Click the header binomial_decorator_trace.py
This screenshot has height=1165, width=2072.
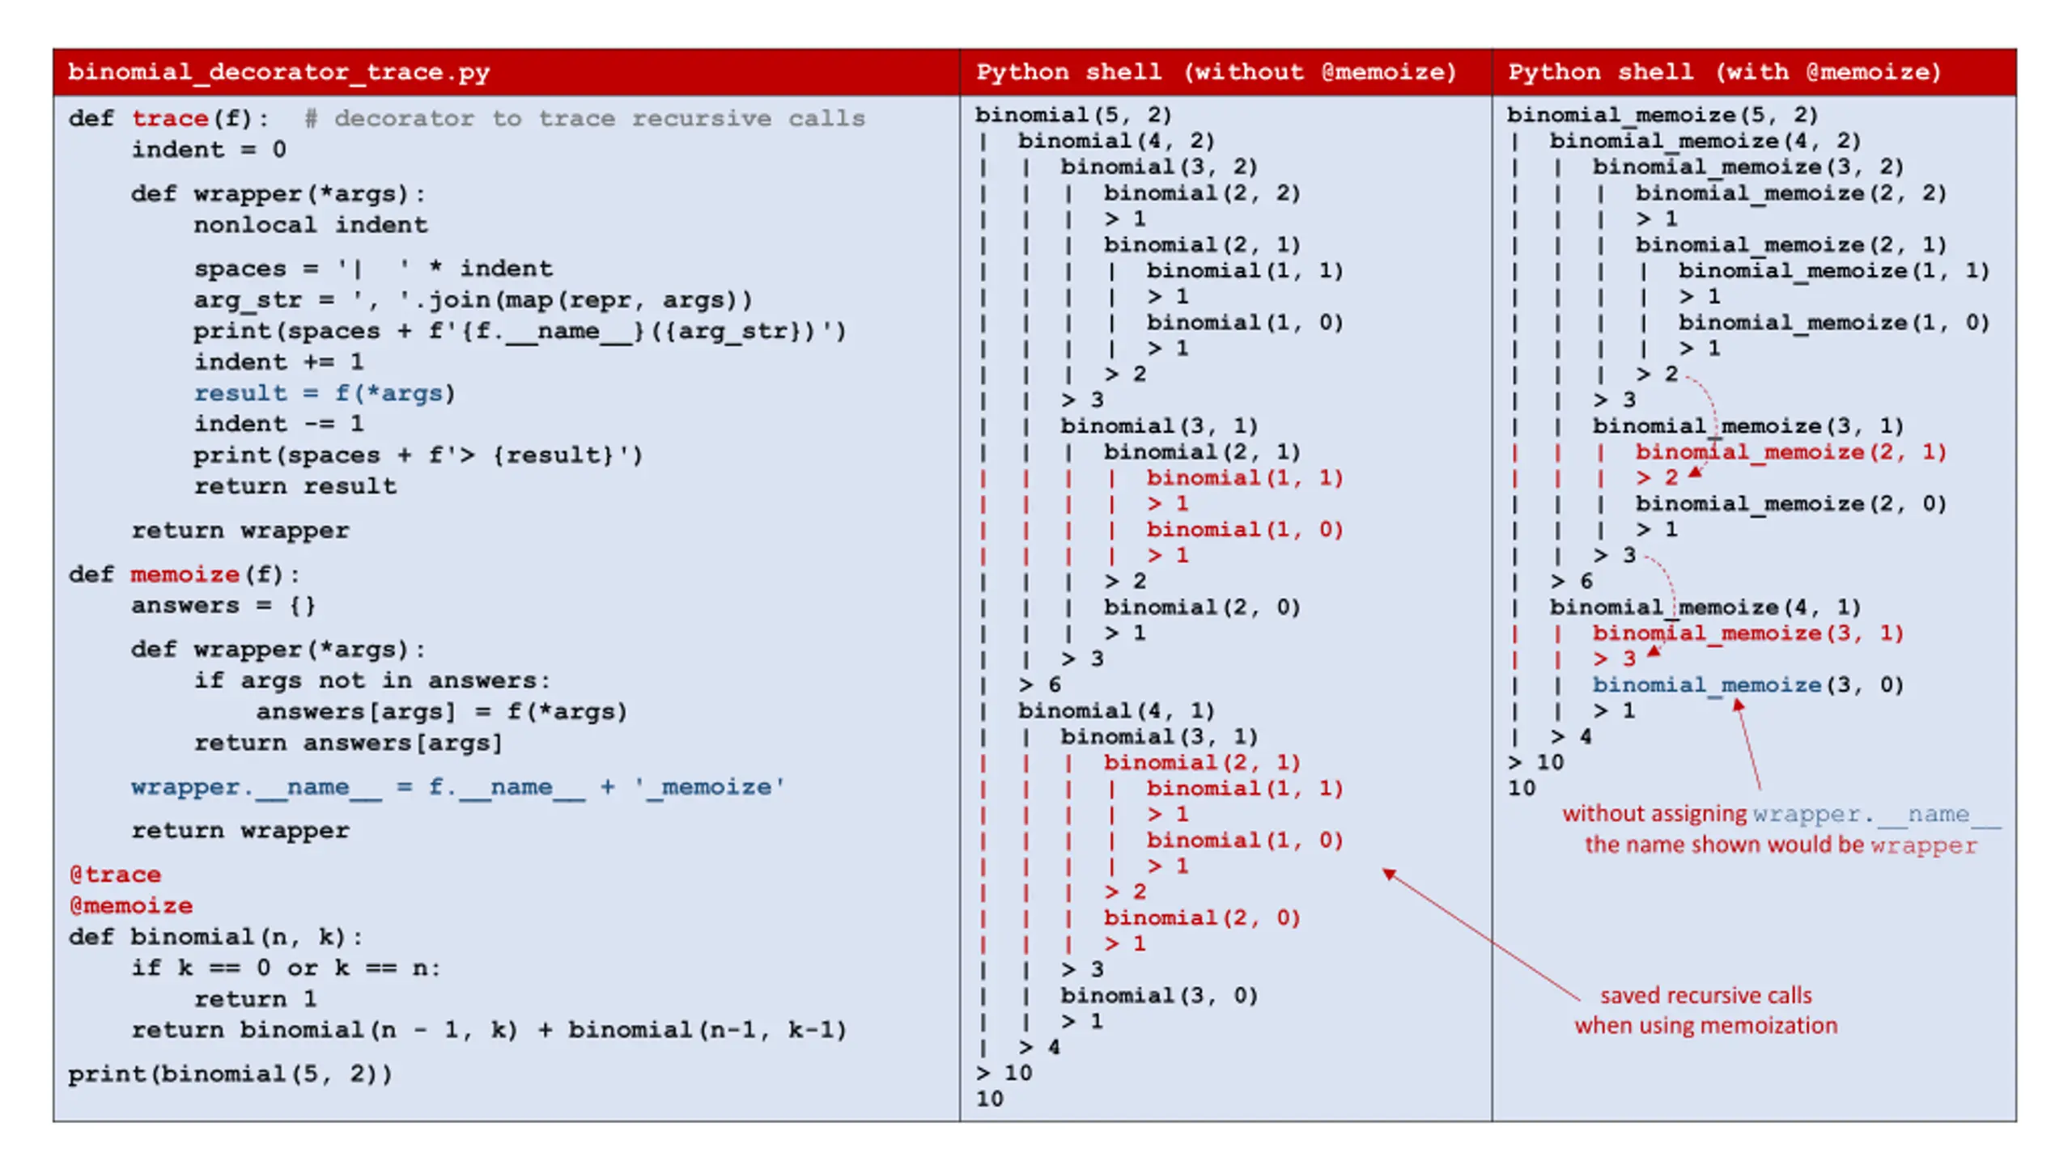click(x=278, y=73)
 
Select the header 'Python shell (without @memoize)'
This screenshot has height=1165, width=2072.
click(x=1216, y=73)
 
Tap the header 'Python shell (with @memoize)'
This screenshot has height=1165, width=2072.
click(x=1724, y=73)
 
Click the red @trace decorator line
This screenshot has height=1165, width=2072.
click(x=115, y=875)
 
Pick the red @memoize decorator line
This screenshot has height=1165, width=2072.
click(x=131, y=905)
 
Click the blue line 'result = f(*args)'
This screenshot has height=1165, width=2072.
click(x=325, y=393)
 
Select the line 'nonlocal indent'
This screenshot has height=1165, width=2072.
click(x=311, y=225)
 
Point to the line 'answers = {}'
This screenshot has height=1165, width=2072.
click(x=223, y=605)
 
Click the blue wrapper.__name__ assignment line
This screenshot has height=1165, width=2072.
click(x=458, y=787)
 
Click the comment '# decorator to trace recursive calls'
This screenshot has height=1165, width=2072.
click(x=584, y=118)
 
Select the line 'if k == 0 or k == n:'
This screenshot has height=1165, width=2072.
click(x=287, y=968)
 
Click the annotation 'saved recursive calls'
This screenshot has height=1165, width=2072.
click(x=1706, y=995)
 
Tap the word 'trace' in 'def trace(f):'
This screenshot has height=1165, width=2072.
click(x=170, y=118)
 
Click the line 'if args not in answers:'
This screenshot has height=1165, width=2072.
click(x=372, y=680)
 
